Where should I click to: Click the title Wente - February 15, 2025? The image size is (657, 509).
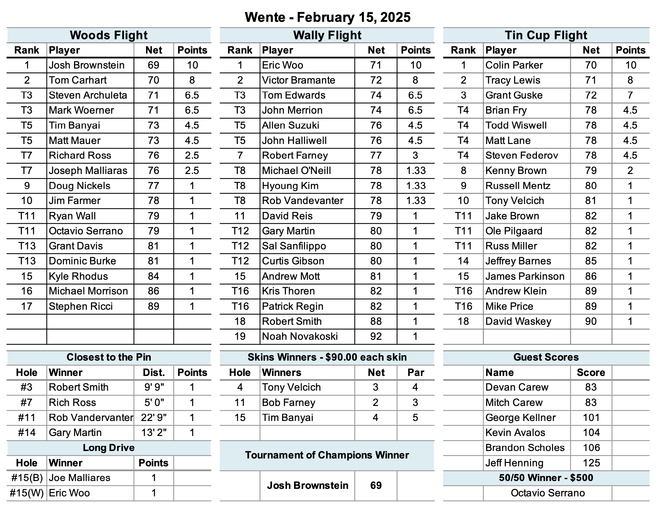click(327, 17)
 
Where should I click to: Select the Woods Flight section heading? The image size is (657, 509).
click(108, 35)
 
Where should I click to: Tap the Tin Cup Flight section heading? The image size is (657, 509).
click(546, 35)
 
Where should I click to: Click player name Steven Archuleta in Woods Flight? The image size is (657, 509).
click(88, 95)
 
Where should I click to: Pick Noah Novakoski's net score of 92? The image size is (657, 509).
click(376, 336)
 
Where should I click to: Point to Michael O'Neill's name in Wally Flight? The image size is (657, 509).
click(296, 171)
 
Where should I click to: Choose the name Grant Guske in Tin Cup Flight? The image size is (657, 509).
click(514, 95)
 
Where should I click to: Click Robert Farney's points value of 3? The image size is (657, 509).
click(415, 156)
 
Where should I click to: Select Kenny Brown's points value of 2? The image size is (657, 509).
click(630, 171)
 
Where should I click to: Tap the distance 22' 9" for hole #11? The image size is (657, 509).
click(154, 418)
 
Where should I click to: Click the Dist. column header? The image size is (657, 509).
click(154, 373)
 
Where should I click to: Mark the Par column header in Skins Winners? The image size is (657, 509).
click(415, 373)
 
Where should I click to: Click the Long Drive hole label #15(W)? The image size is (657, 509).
click(27, 493)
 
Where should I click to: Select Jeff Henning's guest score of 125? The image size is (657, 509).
click(591, 463)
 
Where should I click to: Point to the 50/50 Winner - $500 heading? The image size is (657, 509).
click(546, 478)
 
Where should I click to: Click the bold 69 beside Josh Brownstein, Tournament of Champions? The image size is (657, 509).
click(376, 485)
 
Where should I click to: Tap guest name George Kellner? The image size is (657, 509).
click(520, 418)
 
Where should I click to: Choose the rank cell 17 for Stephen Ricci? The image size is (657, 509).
click(27, 306)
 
